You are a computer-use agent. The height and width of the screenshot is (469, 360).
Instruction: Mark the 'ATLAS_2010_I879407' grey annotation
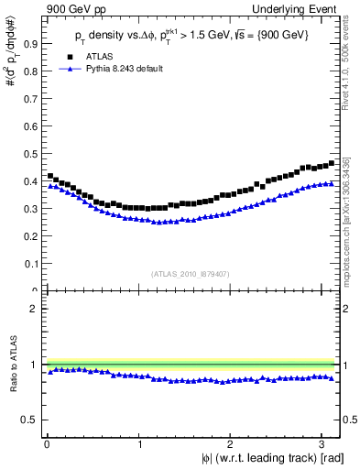click(x=191, y=274)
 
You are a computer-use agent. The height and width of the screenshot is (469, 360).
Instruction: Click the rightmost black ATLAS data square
click(x=331, y=163)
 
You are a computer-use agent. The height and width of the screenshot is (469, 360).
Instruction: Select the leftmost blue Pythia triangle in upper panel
click(x=49, y=186)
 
